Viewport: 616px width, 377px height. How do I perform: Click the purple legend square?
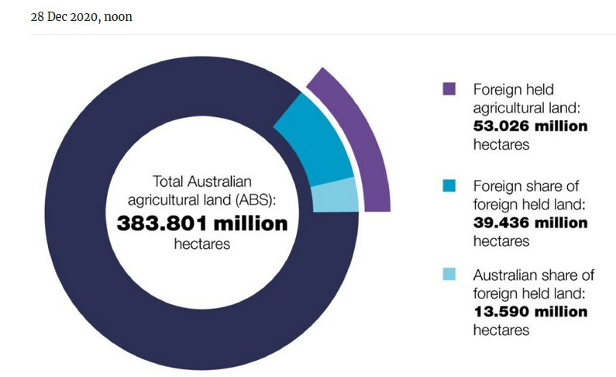click(x=449, y=89)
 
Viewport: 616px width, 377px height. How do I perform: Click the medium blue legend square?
click(x=449, y=186)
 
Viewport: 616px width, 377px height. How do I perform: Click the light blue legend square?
click(x=449, y=275)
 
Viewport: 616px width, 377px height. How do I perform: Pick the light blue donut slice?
click(x=335, y=195)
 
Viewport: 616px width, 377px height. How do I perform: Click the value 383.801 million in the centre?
click(x=202, y=224)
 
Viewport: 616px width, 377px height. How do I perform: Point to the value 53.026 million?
click(x=530, y=126)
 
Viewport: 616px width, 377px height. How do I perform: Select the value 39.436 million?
click(x=530, y=223)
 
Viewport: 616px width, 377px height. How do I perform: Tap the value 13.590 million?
click(x=530, y=312)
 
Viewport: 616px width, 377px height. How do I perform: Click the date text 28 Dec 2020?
click(x=61, y=16)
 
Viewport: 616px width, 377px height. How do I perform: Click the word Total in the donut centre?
click(x=168, y=183)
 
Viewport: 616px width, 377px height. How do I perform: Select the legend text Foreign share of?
click(x=525, y=186)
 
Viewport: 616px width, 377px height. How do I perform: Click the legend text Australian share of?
click(x=533, y=275)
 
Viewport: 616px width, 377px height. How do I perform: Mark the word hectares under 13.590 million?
click(x=501, y=330)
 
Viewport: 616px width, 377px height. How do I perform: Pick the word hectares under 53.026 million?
click(x=501, y=144)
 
